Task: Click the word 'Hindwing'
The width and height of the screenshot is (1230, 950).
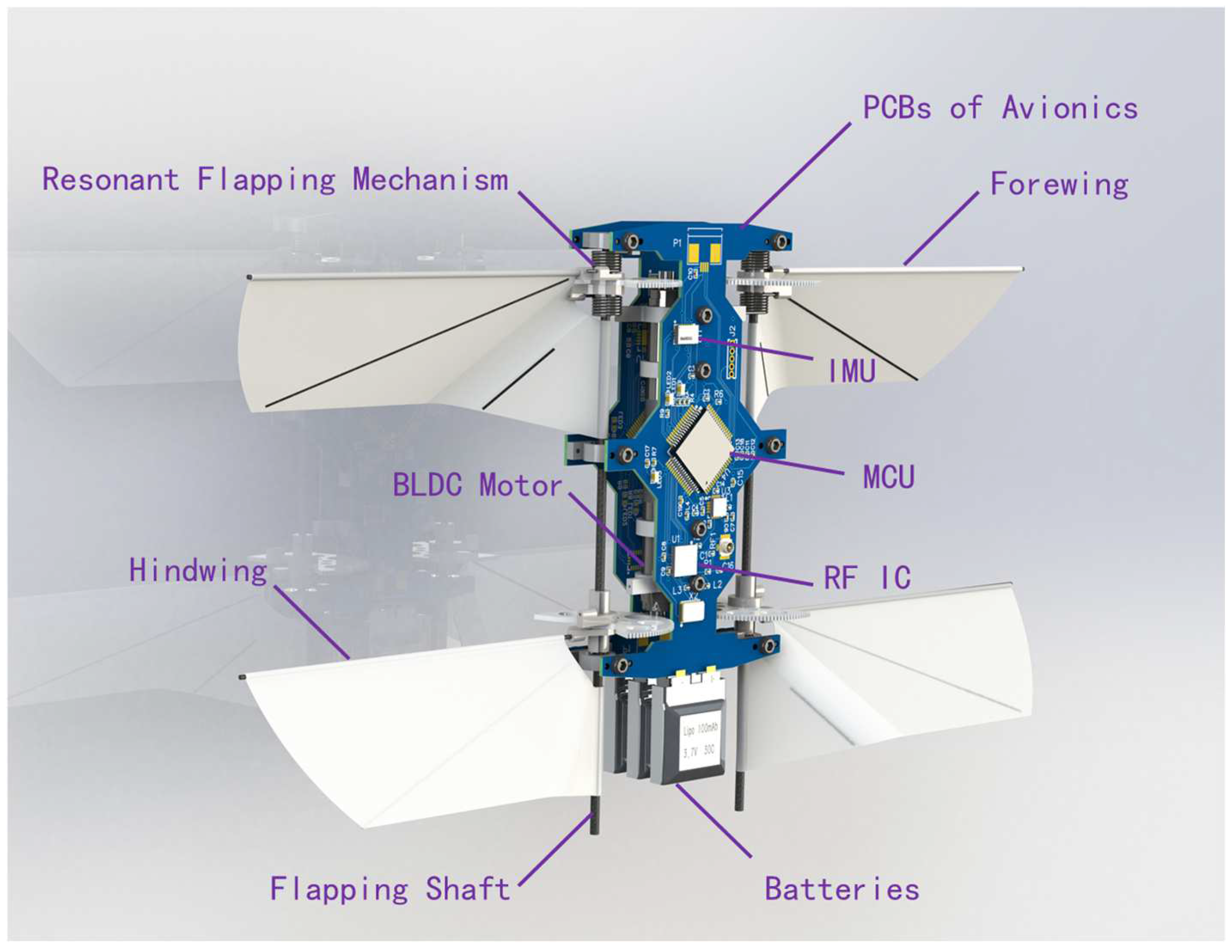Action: click(198, 570)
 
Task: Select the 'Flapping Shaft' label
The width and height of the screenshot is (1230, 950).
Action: click(390, 889)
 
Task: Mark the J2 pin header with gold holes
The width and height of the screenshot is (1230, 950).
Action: click(732, 362)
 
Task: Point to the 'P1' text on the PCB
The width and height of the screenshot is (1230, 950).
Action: click(677, 243)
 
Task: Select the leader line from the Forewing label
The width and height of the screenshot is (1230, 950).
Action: click(941, 228)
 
